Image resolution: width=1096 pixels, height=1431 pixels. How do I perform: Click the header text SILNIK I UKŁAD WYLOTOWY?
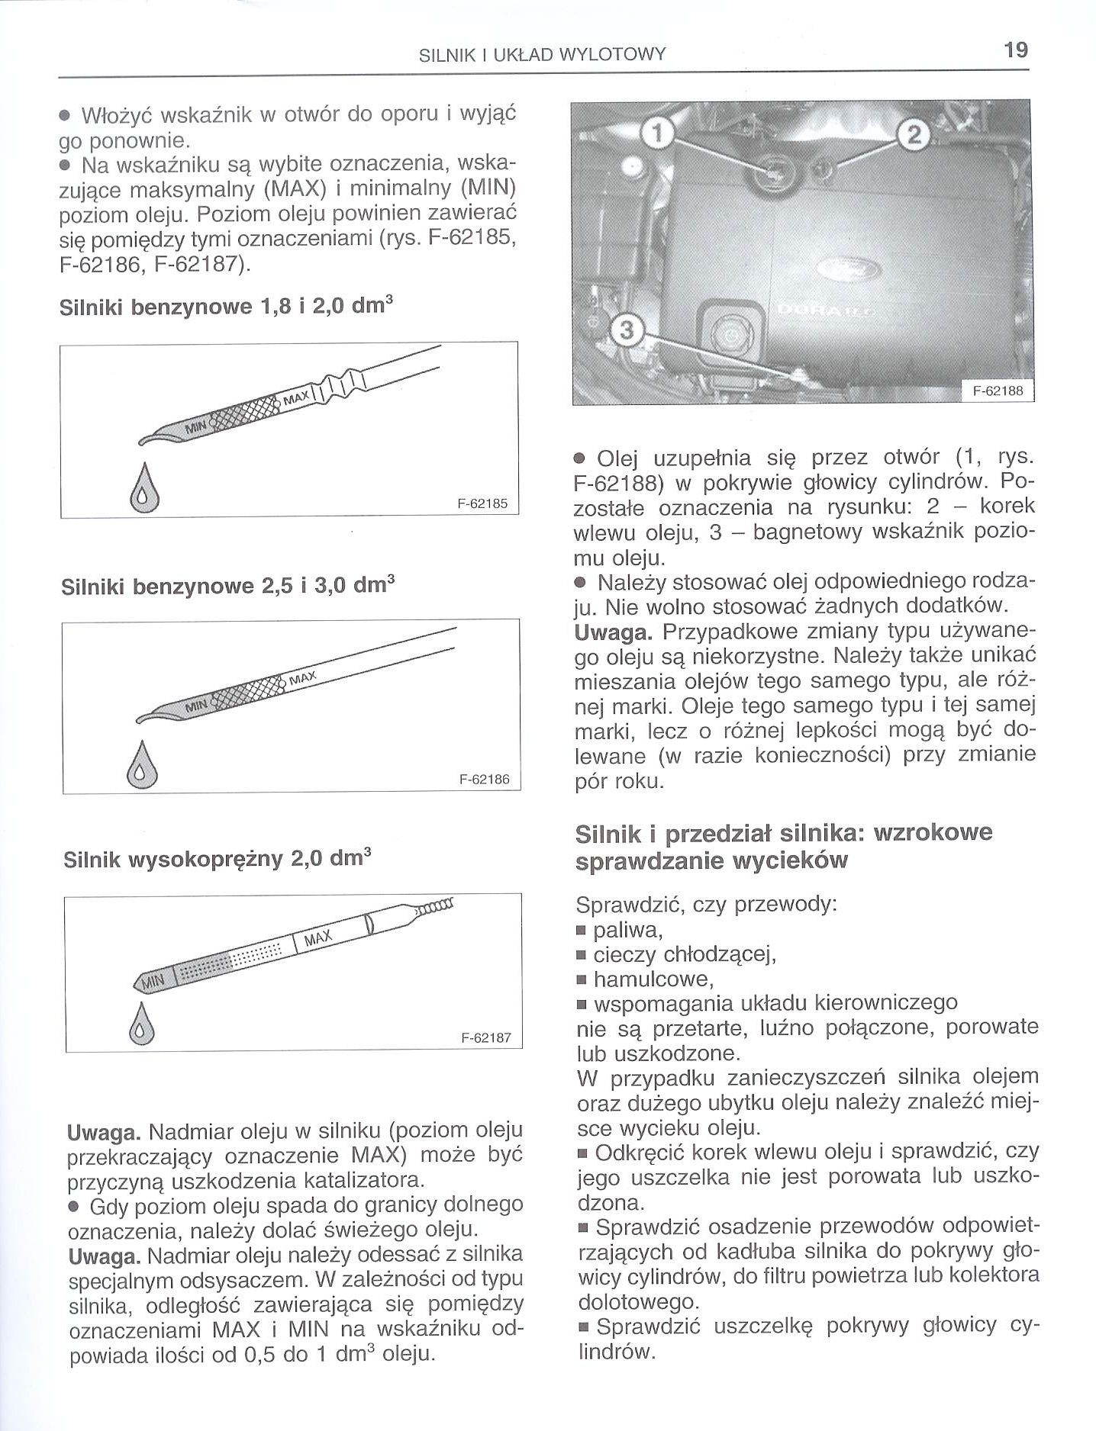(x=543, y=54)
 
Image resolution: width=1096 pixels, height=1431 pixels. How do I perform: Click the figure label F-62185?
(x=482, y=503)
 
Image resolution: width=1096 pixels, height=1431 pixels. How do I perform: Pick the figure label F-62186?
(x=483, y=780)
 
